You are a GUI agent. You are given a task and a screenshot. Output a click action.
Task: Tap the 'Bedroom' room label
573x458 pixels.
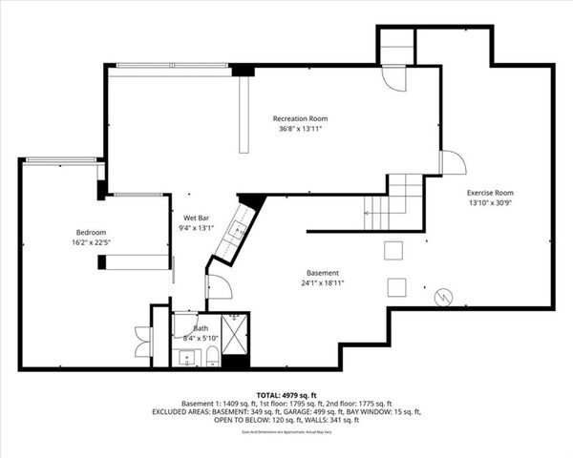[x=91, y=233]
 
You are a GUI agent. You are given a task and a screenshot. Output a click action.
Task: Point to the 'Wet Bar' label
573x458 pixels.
[x=197, y=217]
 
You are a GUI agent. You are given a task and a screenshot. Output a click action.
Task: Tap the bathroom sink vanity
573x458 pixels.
[x=185, y=358]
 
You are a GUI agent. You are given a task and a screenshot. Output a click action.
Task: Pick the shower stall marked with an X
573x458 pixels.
[x=236, y=329]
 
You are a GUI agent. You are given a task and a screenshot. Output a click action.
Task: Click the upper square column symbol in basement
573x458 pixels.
[x=393, y=251]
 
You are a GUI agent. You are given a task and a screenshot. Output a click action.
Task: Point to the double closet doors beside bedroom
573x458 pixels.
[x=142, y=341]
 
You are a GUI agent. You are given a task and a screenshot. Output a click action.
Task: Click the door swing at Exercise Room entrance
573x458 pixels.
[x=452, y=163]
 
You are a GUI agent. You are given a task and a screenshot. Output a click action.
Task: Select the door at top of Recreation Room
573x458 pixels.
[x=394, y=78]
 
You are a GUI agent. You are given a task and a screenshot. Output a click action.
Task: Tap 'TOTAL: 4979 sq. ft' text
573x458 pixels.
[x=286, y=395]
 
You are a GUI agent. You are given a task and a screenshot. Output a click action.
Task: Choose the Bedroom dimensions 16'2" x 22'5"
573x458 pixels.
[x=91, y=243]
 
